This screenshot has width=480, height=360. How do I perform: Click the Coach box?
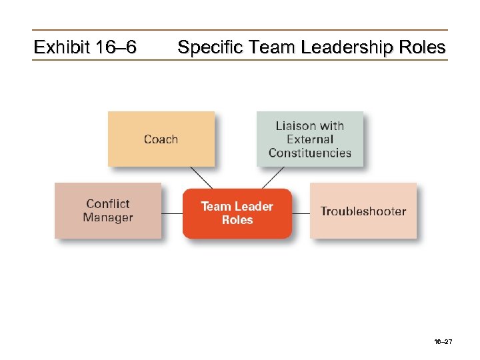point(161,139)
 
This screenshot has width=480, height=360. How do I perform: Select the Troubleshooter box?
point(363,211)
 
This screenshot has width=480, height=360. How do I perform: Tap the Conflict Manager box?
point(108,211)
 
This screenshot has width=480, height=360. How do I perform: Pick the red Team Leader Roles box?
point(237,213)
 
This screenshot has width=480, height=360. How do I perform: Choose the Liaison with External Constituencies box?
point(310,139)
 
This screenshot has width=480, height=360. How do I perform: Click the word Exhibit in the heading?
point(61,47)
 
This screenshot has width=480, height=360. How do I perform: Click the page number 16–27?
point(443,341)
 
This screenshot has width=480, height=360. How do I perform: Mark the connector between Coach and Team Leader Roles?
point(201,177)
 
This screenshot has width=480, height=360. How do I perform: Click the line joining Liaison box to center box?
point(273,177)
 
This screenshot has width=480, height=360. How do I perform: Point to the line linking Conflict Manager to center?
point(172,213)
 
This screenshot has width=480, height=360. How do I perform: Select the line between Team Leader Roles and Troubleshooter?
point(301,213)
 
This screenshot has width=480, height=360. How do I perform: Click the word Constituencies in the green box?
point(310,153)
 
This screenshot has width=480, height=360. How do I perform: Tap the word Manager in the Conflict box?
point(108,217)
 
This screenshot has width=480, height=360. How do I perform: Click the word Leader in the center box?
point(254,207)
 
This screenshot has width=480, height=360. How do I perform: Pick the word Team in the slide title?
point(268,47)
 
